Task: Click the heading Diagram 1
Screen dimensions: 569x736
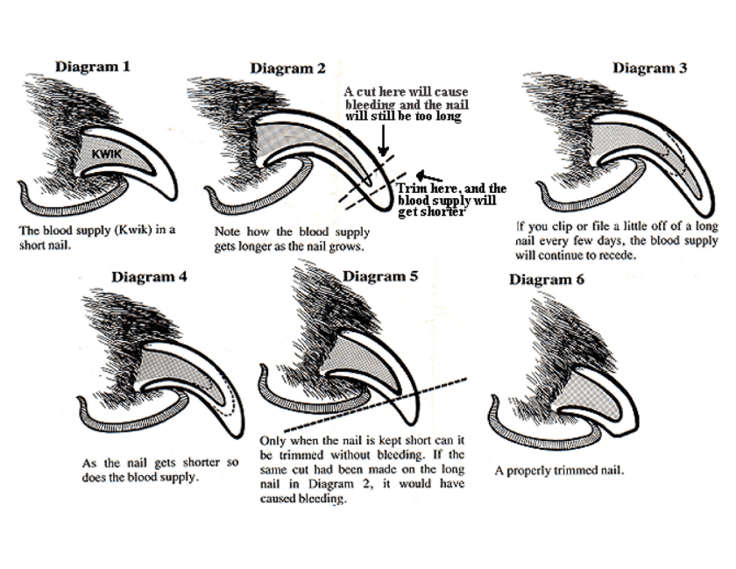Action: pos(93,66)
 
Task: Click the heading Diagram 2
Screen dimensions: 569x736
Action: pos(287,68)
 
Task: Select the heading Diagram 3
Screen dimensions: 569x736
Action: pos(649,68)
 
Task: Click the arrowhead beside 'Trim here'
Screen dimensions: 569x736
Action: pos(421,173)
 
